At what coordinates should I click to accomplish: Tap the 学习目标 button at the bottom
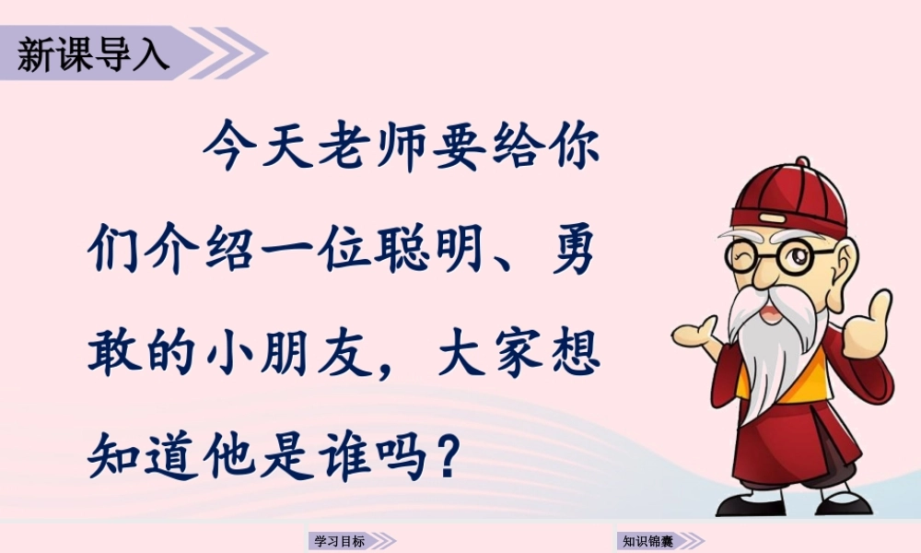tap(340, 541)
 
